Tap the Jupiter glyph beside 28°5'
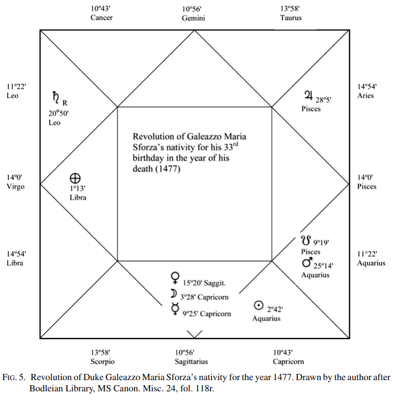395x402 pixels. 308,96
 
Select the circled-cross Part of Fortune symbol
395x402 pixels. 73,177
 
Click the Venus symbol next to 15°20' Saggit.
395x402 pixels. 174,277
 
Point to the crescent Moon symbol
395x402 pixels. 174,294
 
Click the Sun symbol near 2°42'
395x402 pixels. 258,305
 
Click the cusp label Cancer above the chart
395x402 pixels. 101,17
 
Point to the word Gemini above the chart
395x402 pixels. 193,17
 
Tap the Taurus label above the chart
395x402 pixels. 290,17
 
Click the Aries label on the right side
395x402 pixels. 366,95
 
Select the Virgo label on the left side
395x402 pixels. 15,186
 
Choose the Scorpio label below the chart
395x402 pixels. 102,362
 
